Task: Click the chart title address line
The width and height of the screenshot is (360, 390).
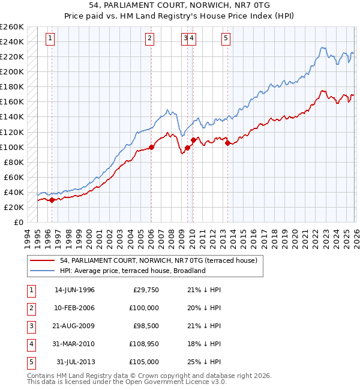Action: (180, 5)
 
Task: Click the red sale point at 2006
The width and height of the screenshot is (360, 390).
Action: (151, 146)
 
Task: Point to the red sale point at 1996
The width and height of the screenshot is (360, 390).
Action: (52, 200)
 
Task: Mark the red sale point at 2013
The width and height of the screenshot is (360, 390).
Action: (227, 143)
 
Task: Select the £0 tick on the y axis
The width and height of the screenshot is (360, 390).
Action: (20, 222)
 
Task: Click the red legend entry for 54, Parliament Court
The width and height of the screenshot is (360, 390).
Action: (158, 260)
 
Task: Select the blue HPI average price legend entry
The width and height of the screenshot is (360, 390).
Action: (133, 271)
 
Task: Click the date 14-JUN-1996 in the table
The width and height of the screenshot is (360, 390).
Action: (74, 290)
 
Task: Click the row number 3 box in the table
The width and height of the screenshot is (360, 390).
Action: (30, 326)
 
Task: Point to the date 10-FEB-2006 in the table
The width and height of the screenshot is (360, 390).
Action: (74, 308)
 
